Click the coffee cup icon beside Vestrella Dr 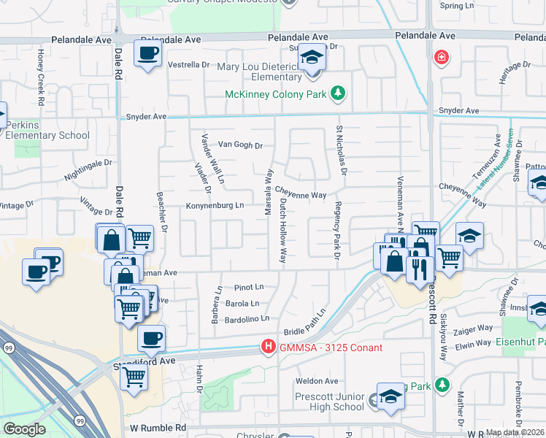147,53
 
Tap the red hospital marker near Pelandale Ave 441,57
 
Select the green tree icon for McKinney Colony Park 337,93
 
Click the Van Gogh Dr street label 240,145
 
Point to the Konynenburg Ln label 215,206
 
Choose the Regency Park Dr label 338,231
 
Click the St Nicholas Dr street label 340,150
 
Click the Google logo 24,429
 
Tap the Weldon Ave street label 317,381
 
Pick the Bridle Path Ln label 304,321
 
